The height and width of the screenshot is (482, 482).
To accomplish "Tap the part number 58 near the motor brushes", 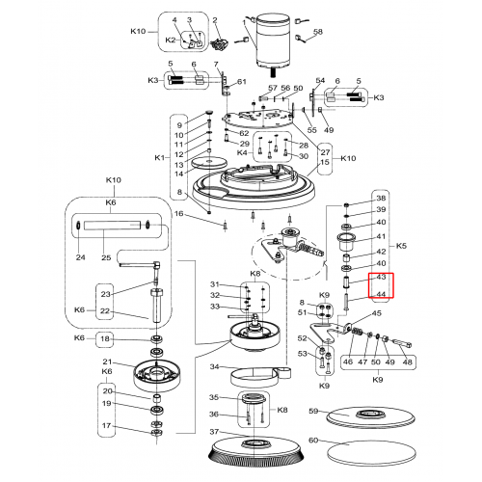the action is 317,32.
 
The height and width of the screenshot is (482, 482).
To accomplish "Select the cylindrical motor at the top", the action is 273,41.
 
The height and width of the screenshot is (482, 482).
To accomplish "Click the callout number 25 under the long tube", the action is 106,257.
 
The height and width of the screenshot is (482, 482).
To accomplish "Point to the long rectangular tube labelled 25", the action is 112,225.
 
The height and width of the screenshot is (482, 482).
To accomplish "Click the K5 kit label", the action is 401,246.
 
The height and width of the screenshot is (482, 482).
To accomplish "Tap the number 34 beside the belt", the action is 214,366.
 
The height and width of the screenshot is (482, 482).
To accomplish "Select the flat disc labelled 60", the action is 371,452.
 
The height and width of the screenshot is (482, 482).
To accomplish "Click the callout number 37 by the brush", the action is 214,432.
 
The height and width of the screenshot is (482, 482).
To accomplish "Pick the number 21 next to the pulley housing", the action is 107,362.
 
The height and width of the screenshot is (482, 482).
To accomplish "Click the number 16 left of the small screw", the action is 178,214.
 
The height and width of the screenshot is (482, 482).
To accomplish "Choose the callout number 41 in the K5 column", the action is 381,236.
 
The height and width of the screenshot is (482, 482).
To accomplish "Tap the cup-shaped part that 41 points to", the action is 346,242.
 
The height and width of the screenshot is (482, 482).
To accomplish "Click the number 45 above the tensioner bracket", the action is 377,313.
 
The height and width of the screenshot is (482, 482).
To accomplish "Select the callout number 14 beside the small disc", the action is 178,174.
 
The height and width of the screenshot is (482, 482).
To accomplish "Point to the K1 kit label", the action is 159,158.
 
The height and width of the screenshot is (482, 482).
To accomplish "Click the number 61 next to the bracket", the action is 242,82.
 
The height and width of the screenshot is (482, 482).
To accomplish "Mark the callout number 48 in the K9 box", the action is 407,361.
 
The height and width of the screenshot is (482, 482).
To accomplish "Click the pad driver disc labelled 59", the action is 370,417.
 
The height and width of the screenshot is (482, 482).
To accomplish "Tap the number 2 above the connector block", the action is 215,20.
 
